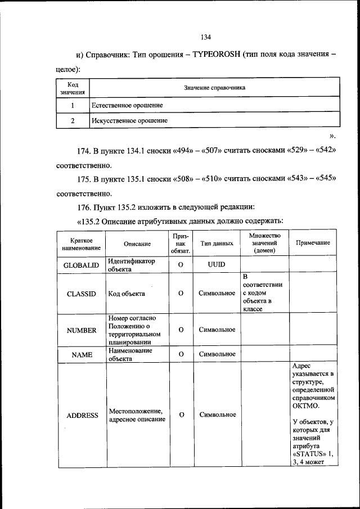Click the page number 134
click(205, 37)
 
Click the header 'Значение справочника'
click(214, 88)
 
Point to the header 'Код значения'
click(73, 88)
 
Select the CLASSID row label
click(82, 294)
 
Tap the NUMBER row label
click(82, 330)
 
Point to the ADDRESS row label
click(82, 415)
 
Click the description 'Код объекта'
click(127, 294)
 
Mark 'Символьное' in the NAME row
click(217, 354)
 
